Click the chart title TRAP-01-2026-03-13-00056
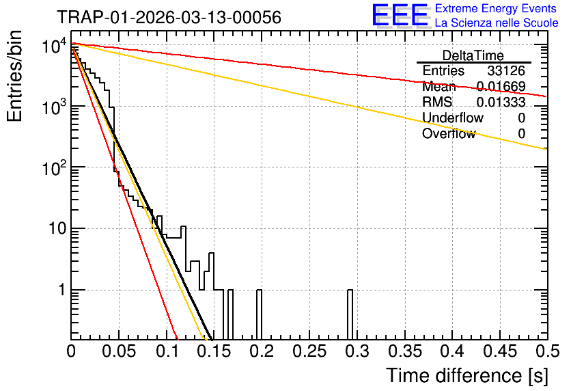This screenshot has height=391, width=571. [x=169, y=17]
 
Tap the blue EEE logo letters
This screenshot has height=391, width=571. [x=400, y=15]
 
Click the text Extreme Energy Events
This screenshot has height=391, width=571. [x=496, y=8]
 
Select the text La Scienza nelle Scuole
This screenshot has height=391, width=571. [x=497, y=23]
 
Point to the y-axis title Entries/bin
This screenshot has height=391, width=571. [x=14, y=77]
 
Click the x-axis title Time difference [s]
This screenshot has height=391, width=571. [x=467, y=375]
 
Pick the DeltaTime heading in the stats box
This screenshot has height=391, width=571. [x=473, y=55]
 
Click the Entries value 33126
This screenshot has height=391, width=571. [x=506, y=70]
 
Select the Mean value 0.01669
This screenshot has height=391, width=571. [x=501, y=86]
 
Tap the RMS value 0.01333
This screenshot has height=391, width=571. [x=501, y=102]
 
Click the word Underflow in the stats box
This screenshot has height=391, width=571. [x=453, y=118]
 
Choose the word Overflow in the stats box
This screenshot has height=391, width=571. [x=449, y=133]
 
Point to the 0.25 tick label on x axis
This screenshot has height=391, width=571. [x=309, y=351]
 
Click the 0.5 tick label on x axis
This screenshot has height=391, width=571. [x=547, y=351]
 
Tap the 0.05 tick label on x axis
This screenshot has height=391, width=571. [x=119, y=351]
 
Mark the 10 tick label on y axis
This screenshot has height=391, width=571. [x=57, y=229]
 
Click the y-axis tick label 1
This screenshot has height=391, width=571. [x=62, y=291]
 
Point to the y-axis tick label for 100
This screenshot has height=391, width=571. [x=55, y=168]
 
